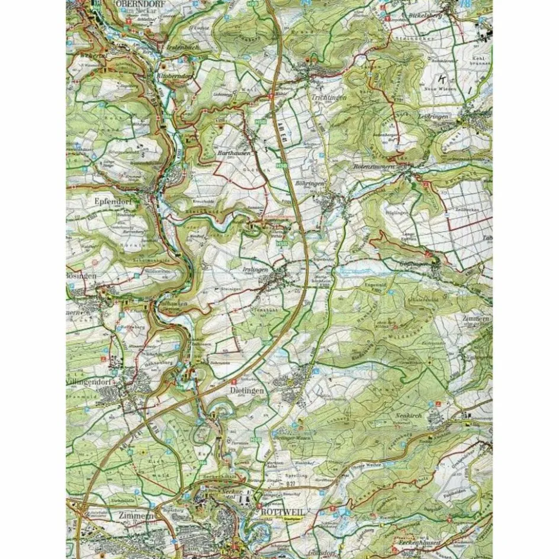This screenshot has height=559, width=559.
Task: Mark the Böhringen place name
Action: click(310, 184)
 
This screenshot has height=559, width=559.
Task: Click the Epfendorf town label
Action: click(116, 201)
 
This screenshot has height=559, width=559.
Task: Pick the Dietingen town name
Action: click(246, 391)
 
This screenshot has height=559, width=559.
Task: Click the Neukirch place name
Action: click(407, 416)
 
